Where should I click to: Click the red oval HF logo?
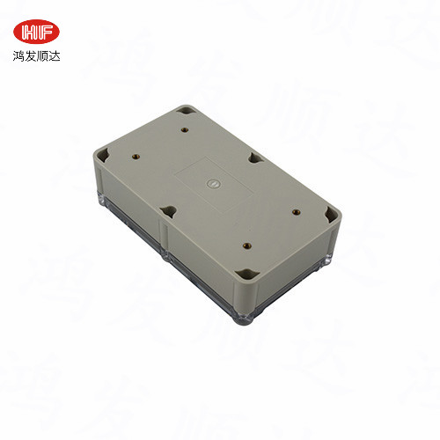(38, 33)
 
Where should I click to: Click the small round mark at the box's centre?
(210, 184)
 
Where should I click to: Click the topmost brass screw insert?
(185, 129)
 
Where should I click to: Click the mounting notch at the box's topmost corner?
(186, 112)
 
